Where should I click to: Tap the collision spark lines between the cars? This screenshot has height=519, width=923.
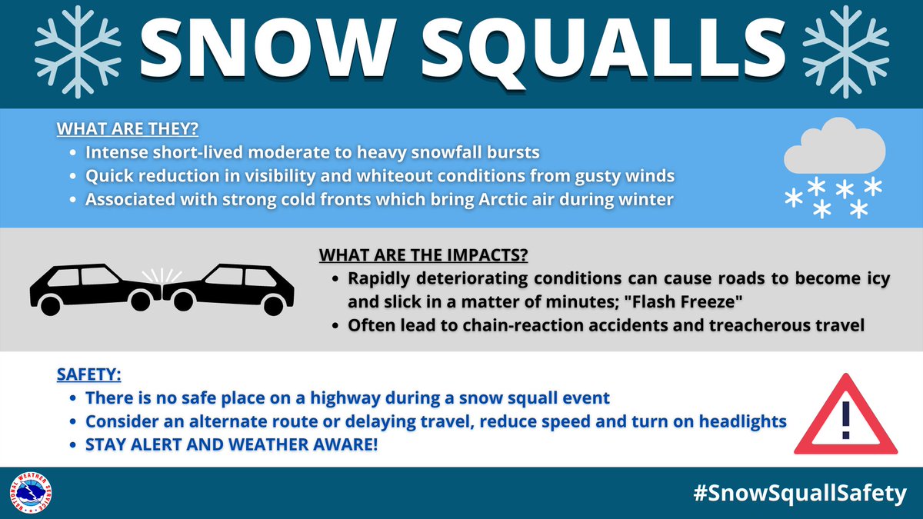(x=162, y=274)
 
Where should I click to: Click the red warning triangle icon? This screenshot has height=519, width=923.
(x=846, y=415)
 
